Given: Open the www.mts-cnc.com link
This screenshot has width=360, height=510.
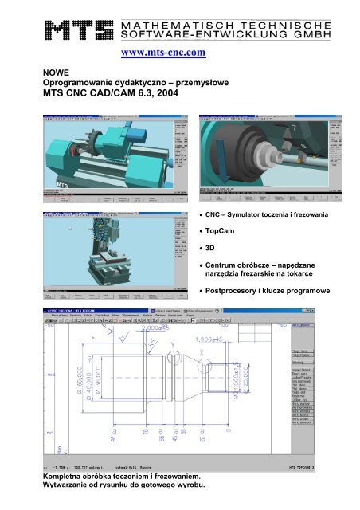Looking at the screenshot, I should click(x=163, y=53).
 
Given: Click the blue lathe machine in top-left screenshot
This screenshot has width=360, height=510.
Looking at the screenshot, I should click(x=88, y=159).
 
